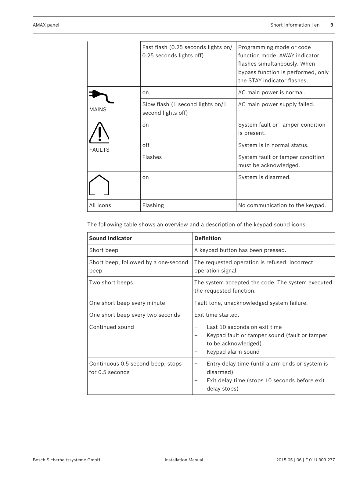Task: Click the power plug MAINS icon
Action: tap(101, 96)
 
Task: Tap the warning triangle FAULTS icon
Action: tap(99, 133)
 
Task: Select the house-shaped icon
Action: tap(99, 185)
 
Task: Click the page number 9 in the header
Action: tap(332, 25)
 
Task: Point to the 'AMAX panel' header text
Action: tap(46, 25)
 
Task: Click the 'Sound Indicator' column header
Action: tap(110, 238)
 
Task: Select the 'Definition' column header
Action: tap(207, 238)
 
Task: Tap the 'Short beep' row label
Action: tap(104, 250)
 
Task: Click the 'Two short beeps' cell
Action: tap(111, 283)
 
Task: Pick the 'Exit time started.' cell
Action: tap(217, 315)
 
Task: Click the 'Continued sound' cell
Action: tap(112, 327)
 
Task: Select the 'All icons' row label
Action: tap(100, 205)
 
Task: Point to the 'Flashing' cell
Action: tap(153, 205)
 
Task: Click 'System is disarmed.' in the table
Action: tap(264, 177)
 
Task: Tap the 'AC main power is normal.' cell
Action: tap(272, 92)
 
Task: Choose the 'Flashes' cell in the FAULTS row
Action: tap(152, 157)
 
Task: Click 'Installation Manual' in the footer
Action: tap(184, 460)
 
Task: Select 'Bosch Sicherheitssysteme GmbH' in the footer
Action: tap(67, 460)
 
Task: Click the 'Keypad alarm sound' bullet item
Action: tap(233, 352)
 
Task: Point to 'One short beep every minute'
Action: tap(127, 303)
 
